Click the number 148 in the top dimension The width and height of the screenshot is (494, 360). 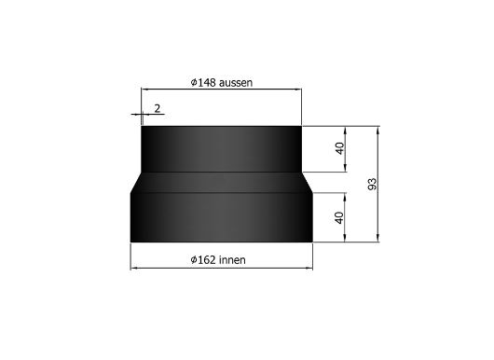tap(207, 83)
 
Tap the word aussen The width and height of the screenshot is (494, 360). tap(236, 83)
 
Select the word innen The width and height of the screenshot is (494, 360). tap(232, 260)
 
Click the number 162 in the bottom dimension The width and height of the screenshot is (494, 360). tap(207, 260)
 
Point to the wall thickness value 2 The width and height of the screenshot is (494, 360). tap(158, 108)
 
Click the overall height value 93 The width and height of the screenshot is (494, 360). tap(373, 184)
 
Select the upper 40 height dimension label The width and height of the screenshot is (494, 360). tap(339, 148)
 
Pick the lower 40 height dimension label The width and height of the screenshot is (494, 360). tap(339, 218)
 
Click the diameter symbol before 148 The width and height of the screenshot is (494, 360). tap(194, 83)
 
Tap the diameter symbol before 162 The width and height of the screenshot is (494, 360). tap(194, 260)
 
